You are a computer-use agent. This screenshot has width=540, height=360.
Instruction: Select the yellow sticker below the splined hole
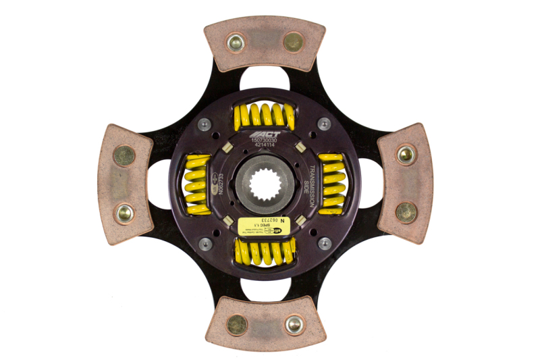coord(265,226)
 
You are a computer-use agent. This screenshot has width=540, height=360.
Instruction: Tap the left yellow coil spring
coord(198,183)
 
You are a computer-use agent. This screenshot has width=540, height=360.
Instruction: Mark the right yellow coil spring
coord(331,183)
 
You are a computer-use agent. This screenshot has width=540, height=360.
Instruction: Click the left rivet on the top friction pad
coord(236,43)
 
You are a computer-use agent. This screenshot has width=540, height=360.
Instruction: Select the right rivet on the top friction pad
coord(293,42)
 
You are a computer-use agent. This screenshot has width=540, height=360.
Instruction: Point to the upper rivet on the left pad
coord(124,156)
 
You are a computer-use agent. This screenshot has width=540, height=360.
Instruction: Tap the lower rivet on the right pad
coord(406,213)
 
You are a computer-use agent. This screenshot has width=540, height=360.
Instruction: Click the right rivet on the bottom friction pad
coord(293,324)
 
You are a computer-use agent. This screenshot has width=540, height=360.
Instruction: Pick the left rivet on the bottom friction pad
coord(236,325)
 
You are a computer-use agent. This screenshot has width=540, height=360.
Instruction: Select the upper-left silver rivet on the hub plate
coord(204,123)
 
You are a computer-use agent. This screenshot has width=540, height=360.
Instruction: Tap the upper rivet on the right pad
coord(406,155)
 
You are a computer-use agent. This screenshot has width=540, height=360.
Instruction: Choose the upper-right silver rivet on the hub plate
coord(324,124)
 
